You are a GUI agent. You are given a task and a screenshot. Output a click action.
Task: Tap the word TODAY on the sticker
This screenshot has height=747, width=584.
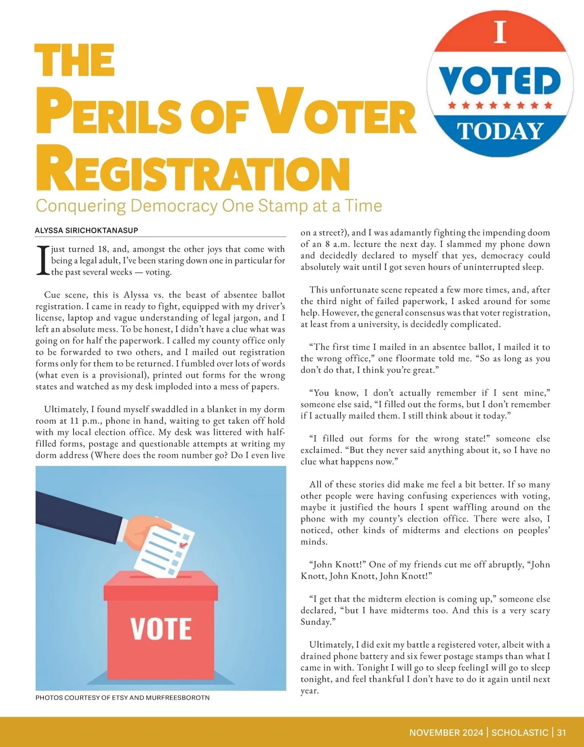click(500, 131)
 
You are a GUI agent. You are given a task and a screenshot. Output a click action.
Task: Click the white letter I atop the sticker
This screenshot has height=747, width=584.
click(500, 32)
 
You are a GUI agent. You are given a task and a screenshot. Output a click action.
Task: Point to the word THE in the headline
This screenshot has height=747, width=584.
click(75, 60)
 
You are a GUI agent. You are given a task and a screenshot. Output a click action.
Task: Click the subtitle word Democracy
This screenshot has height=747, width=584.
click(174, 205)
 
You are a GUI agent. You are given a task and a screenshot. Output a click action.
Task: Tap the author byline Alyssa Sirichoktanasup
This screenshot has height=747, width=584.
click(87, 230)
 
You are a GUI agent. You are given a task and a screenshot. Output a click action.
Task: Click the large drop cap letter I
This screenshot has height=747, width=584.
click(42, 260)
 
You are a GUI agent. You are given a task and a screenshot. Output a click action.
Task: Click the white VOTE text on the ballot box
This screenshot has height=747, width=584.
click(161, 628)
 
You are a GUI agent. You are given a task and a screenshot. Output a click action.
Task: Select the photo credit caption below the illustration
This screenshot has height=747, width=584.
click(123, 697)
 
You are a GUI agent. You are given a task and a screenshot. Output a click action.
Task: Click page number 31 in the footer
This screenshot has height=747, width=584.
click(562, 732)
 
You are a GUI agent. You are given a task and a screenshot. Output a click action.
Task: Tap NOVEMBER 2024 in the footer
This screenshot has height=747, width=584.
click(446, 732)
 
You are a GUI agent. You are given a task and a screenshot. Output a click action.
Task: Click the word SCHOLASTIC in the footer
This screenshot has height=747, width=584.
click(520, 732)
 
